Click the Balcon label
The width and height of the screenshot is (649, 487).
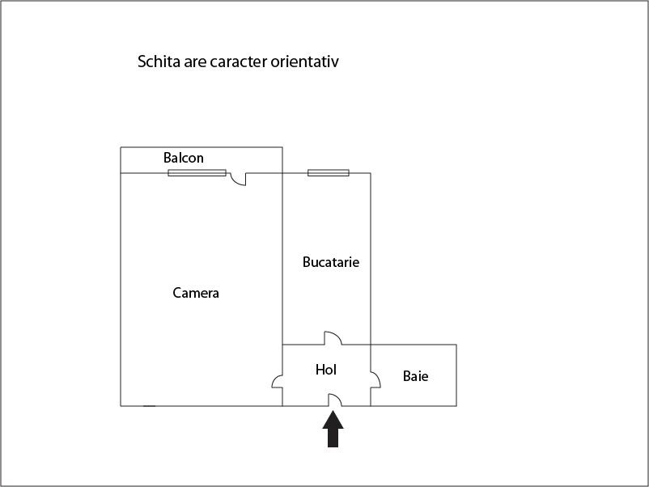click(184, 158)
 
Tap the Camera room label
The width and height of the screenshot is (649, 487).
click(196, 293)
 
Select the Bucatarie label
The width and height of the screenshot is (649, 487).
click(331, 262)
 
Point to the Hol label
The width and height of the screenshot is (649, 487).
click(326, 370)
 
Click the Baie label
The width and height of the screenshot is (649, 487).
click(416, 376)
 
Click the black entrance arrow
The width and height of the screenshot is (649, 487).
click(333, 429)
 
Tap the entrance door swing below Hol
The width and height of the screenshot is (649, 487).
click(335, 400)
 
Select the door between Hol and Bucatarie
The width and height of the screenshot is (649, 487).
click(333, 338)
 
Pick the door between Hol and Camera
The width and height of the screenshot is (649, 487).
click(277, 381)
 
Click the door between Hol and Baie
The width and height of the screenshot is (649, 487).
click(375, 380)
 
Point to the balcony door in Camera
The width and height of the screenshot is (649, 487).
click(238, 179)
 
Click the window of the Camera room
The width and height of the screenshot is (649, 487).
click(197, 173)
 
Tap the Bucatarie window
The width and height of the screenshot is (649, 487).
click(329, 173)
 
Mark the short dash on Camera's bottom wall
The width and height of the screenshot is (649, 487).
click(150, 406)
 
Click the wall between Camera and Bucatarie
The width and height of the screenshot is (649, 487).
click(282, 259)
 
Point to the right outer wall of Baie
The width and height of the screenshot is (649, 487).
click(456, 375)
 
